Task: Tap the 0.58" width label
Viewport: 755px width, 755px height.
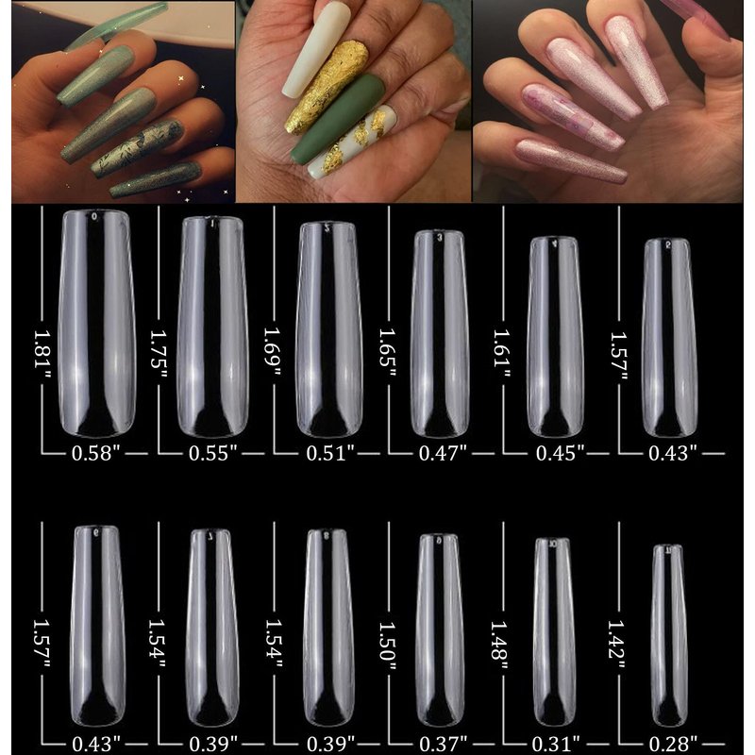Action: tap(95, 453)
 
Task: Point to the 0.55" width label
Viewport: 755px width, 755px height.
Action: tap(213, 453)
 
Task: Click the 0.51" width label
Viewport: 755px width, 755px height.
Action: tap(330, 453)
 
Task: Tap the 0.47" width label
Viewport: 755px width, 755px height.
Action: tap(443, 453)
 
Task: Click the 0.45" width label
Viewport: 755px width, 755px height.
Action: tap(560, 453)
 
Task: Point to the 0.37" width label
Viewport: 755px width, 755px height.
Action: tap(443, 745)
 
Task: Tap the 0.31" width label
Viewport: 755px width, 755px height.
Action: tap(556, 745)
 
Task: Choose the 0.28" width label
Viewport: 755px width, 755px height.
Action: tap(673, 745)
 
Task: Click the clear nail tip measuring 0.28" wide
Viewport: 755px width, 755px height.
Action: tap(668, 635)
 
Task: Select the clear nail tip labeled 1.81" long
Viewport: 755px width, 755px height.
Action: tap(96, 324)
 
